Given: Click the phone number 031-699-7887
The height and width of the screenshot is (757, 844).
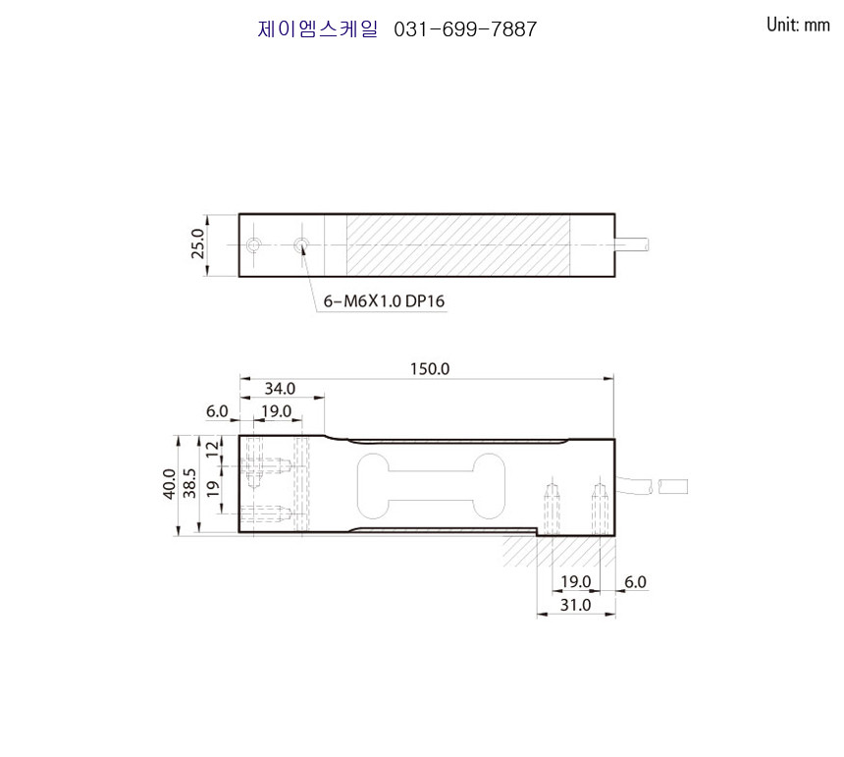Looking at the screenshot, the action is (x=465, y=29).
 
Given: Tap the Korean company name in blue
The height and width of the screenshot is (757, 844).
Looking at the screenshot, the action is (x=318, y=29).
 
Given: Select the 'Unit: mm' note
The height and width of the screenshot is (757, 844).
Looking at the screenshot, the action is (x=798, y=25).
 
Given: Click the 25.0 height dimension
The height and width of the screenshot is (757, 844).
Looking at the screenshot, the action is (x=198, y=243).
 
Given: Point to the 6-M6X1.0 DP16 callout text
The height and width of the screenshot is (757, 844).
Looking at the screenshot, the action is (x=384, y=301).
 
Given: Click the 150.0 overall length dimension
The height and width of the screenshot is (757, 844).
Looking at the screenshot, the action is (x=430, y=369).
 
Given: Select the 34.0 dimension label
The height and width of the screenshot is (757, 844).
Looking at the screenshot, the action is (x=280, y=388).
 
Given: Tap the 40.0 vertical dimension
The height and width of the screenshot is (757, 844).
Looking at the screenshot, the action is (x=170, y=484).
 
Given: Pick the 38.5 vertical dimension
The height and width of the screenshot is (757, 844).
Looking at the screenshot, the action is (x=189, y=483).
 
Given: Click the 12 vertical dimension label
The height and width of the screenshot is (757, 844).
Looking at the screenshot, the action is (x=213, y=448).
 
